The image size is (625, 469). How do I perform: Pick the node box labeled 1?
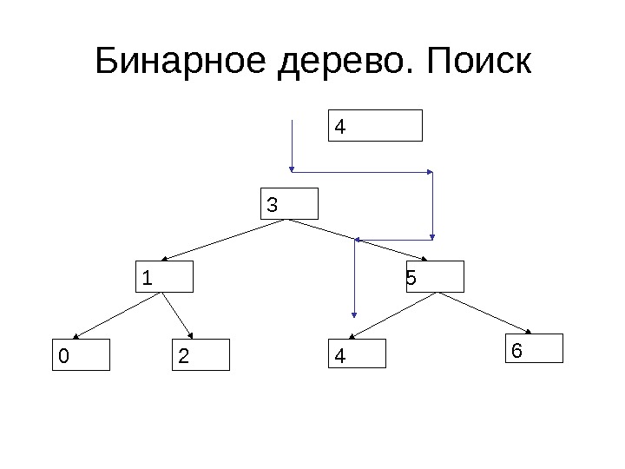coord(166,277)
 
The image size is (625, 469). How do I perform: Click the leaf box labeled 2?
coord(201,354)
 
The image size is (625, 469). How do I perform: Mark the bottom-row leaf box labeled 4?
coord(357,354)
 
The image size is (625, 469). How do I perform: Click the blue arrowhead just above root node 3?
coord(293,168)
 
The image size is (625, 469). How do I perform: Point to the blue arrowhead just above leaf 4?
coord(353,314)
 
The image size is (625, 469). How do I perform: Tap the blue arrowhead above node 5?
coord(432,234)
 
